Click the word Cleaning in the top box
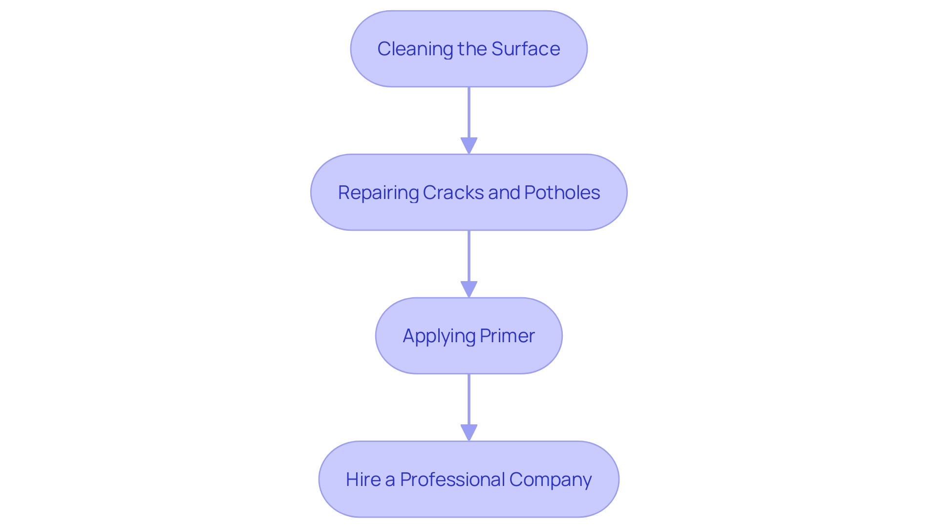pyautogui.click(x=415, y=49)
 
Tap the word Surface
pyautogui.click(x=525, y=49)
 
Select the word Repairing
pyautogui.click(x=378, y=193)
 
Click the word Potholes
pyautogui.click(x=562, y=193)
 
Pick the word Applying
pyautogui.click(x=439, y=336)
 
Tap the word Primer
pyautogui.click(x=507, y=336)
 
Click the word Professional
pyautogui.click(x=452, y=480)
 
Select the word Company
pyautogui.click(x=550, y=480)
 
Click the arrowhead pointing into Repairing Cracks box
pyautogui.click(x=469, y=146)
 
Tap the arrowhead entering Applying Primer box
pyautogui.click(x=469, y=289)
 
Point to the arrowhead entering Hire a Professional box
pyautogui.click(x=469, y=433)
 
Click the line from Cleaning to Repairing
pyautogui.click(x=469, y=112)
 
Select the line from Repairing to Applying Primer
pyautogui.click(x=469, y=256)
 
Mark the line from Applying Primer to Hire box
pyautogui.click(x=469, y=399)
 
